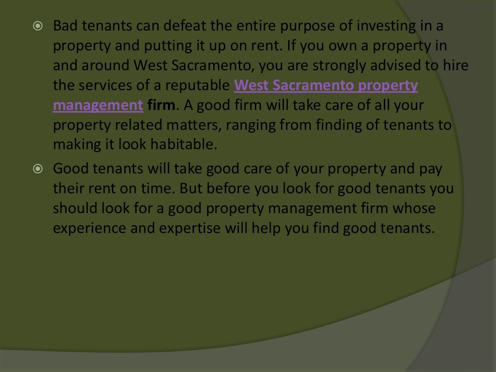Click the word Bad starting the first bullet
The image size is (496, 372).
63,26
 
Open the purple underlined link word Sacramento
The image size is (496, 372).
310,85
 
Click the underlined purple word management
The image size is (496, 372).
98,106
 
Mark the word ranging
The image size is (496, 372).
253,125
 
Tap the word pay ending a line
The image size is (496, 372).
432,169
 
